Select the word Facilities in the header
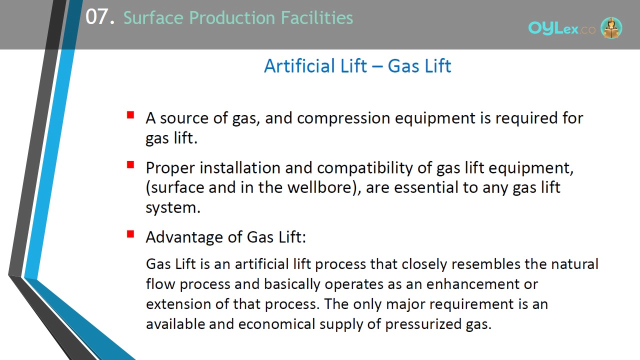pos(317,17)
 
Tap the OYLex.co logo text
pos(561,28)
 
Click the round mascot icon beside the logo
pos(611,27)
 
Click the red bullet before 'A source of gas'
pos(130,115)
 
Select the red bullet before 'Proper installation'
pos(130,164)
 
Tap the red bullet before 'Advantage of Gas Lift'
pos(130,234)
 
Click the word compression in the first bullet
pos(343,118)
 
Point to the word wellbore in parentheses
pos(319,187)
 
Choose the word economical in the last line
pos(276,324)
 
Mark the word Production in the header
pos(232,17)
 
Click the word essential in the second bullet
pos(426,187)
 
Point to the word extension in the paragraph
pos(178,304)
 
